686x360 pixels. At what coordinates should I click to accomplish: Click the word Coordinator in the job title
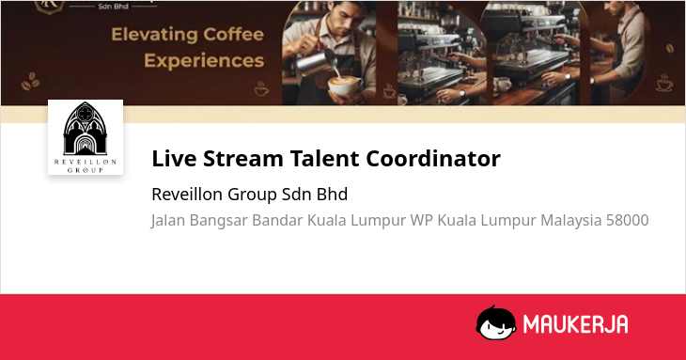pyautogui.click(x=433, y=158)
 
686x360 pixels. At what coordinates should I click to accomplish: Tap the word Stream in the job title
pyautogui.click(x=242, y=158)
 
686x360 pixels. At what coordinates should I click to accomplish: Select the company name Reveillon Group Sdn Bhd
pyautogui.click(x=249, y=194)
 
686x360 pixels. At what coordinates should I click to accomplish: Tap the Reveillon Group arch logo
pyautogui.click(x=86, y=137)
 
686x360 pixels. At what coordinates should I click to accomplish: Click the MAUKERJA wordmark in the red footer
pyautogui.click(x=575, y=324)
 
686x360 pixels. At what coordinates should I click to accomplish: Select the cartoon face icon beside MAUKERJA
pyautogui.click(x=495, y=322)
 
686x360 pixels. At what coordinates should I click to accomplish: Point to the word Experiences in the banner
pyautogui.click(x=204, y=60)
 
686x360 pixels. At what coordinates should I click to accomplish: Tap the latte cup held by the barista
pyautogui.click(x=345, y=86)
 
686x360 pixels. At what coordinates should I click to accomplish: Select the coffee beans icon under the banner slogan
pyautogui.click(x=30, y=81)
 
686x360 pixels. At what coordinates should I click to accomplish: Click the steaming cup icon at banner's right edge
pyautogui.click(x=664, y=83)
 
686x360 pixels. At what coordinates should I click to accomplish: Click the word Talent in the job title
pyautogui.click(x=324, y=158)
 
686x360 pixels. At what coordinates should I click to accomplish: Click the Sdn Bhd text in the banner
pyautogui.click(x=113, y=7)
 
